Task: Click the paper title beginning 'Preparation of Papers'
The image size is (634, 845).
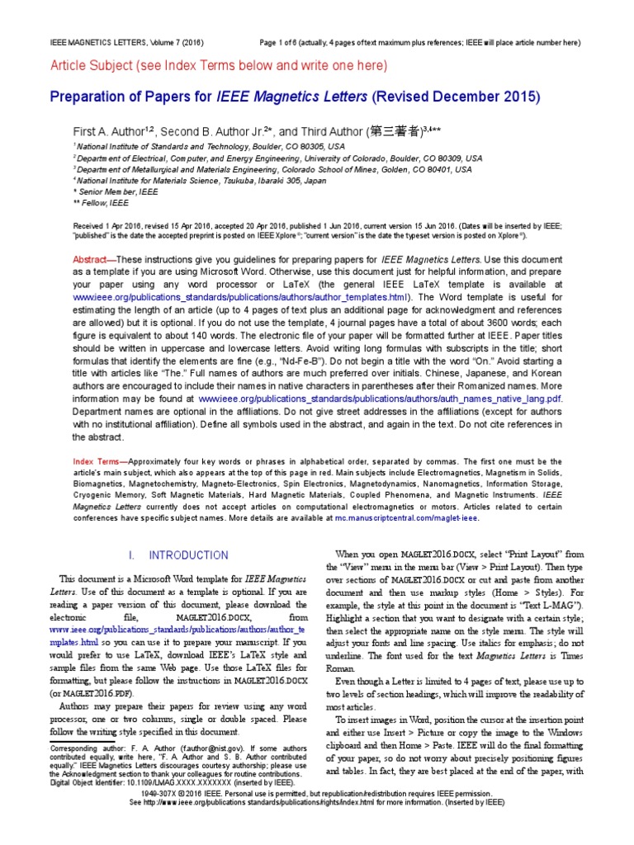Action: (x=295, y=97)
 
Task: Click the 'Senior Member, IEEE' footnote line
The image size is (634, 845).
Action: (x=116, y=191)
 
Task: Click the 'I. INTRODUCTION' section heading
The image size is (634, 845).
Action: (x=183, y=555)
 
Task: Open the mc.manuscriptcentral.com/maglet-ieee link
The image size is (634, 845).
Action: (x=417, y=519)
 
